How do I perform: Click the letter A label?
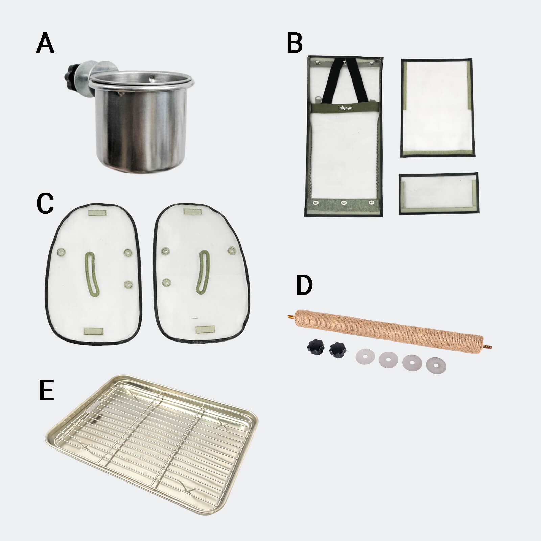pos(45,44)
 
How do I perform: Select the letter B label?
pos(295,44)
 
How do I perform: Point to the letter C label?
pos(45,204)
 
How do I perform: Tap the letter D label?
pos(304,285)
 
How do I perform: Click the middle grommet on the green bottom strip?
pos(344,203)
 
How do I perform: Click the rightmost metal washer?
pos(436,365)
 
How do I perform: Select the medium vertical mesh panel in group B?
pos(438,108)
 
